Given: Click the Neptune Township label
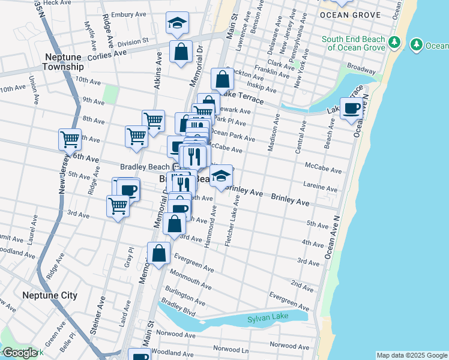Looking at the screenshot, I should [64, 61].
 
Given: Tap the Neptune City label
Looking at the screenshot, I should [50, 295].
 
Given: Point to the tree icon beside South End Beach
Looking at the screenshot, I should [394, 43].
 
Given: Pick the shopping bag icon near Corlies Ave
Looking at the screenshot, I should [181, 52].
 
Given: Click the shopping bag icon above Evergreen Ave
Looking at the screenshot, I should [159, 253].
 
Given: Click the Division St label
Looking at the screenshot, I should [133, 42].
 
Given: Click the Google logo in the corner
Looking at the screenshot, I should [21, 353].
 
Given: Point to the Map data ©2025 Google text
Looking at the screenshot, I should [411, 355].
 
